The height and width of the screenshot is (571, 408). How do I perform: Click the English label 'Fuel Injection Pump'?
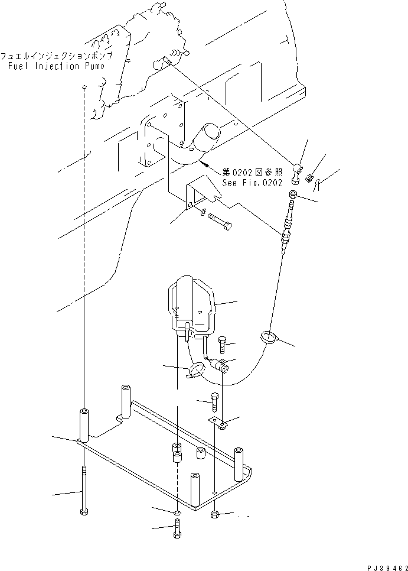56,66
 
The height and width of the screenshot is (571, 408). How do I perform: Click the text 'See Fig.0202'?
252,183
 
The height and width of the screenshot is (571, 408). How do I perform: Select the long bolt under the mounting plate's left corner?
83,490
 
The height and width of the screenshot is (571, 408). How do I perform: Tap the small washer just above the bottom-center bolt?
178,511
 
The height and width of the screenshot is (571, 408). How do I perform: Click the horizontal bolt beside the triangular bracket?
220,225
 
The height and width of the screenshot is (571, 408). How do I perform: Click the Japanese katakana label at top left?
56,56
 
